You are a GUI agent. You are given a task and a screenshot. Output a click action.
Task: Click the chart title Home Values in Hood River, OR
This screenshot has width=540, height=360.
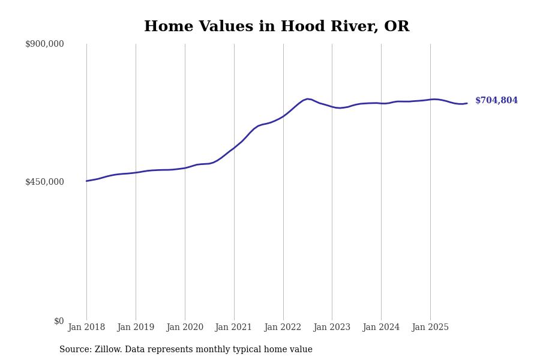point(277,27)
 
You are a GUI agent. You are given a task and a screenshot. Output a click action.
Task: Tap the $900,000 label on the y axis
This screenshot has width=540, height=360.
point(44,44)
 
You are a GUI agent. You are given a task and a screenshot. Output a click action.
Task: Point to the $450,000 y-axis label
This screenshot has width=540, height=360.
point(44,182)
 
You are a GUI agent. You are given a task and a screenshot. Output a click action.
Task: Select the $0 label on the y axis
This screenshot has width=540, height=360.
point(59,321)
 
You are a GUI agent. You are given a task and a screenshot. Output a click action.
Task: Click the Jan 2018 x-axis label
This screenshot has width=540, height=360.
point(86,328)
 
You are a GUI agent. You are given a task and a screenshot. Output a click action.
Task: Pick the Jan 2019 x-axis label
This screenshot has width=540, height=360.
point(136,328)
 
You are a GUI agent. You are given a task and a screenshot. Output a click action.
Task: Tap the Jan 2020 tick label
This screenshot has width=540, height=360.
point(185,328)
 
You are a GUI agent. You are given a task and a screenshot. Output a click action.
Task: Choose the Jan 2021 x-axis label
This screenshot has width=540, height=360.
point(234,328)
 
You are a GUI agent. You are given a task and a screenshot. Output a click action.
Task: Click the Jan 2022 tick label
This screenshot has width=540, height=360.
point(283,328)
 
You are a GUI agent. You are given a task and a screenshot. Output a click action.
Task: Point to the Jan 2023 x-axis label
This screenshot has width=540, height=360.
point(332,328)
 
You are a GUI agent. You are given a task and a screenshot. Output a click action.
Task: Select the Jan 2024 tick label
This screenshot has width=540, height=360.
point(381,328)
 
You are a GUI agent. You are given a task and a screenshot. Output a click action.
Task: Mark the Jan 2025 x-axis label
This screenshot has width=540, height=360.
point(430,328)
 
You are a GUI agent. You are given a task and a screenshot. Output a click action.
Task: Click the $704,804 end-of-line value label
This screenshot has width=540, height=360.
point(496,101)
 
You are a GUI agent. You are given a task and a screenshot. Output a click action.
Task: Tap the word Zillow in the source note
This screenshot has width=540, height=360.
point(109,350)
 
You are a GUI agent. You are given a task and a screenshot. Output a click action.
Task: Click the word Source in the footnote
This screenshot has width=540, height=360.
point(74,350)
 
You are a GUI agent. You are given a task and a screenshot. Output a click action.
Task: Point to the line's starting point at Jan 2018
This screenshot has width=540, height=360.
point(86,181)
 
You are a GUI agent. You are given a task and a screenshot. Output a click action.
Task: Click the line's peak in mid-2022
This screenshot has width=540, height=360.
point(307,99)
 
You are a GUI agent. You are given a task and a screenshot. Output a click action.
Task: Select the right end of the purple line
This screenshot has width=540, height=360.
point(467,103)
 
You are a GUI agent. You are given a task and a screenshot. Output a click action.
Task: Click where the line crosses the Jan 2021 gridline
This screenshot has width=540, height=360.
point(234,148)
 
